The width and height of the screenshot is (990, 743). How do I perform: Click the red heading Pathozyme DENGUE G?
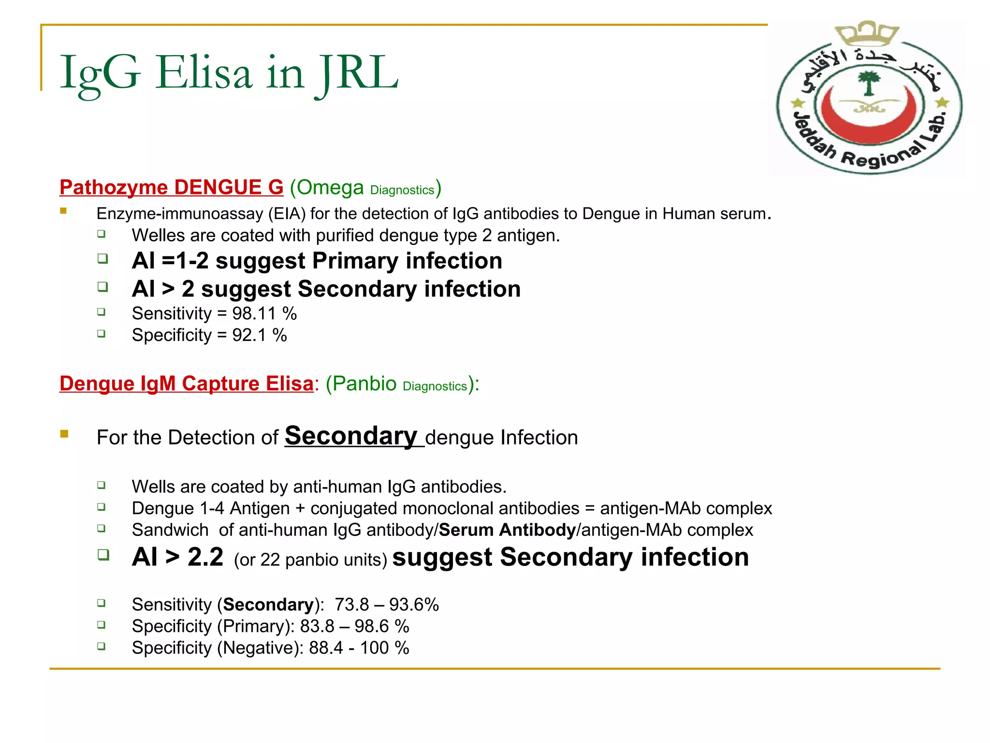coord(171,188)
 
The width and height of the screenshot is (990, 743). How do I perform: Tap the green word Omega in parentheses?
coord(330,188)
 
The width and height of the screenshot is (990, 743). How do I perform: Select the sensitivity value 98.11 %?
coord(264,313)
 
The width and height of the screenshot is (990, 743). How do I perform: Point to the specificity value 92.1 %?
coord(259,335)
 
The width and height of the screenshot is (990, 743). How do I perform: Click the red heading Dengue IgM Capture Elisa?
coord(186,384)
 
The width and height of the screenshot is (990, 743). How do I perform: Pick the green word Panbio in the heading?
coord(364,384)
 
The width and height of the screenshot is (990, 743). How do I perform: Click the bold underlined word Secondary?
coord(350,436)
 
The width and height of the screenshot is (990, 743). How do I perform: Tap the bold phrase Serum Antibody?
coord(507,530)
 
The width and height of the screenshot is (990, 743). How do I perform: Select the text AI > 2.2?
coord(177,557)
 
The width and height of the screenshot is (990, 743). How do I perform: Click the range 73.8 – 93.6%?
coord(386,605)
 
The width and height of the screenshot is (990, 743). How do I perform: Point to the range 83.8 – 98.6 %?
coord(354,626)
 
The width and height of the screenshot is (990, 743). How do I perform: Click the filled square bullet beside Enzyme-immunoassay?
coord(63,211)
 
